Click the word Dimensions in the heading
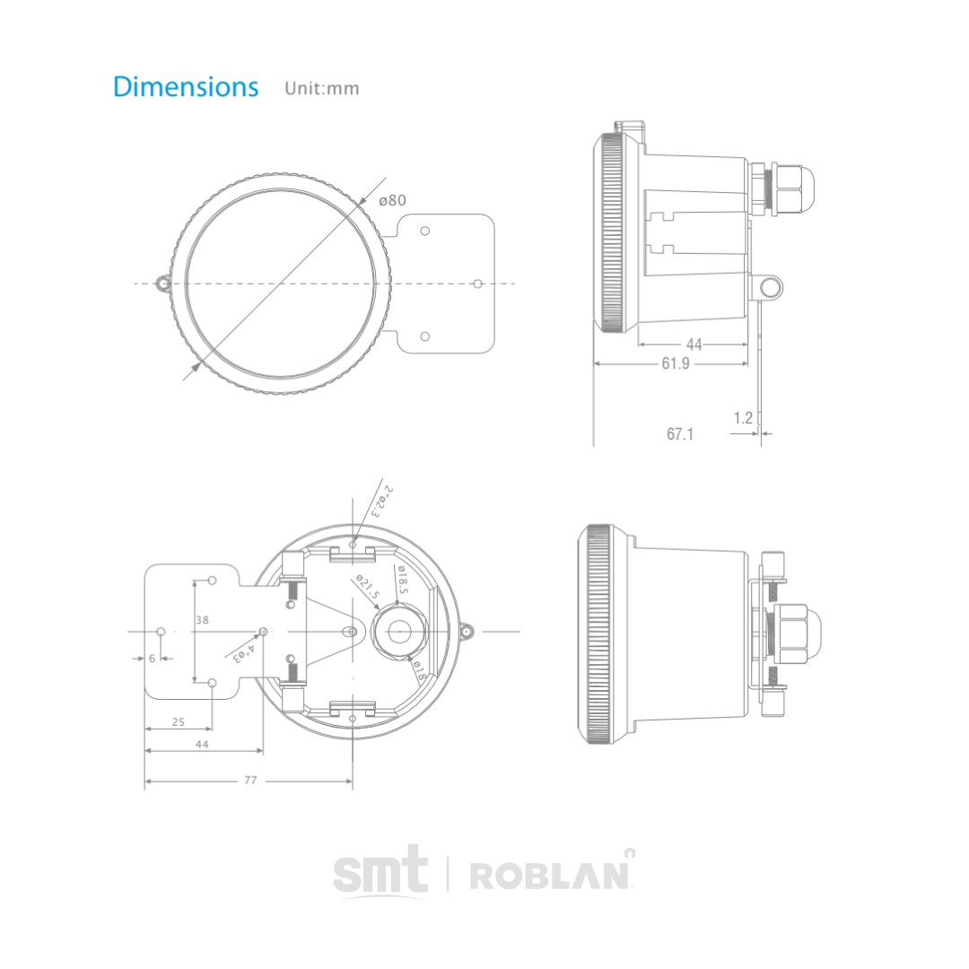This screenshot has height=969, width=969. coord(186,87)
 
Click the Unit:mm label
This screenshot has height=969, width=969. coord(321,89)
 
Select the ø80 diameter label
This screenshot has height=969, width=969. coord(392,200)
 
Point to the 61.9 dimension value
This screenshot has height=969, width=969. coord(676,363)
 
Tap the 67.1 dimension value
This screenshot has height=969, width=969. coord(680,434)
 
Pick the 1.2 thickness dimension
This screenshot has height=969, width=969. coord(743,417)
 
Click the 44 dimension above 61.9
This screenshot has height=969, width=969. coord(694,345)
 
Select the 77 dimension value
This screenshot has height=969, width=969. coord(250,781)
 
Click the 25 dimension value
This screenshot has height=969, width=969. coord(178,721)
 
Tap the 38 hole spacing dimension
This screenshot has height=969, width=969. coord(204,619)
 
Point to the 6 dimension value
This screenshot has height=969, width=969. coord(152,658)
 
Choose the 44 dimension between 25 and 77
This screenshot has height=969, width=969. coord(202,745)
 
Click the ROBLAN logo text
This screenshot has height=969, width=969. coord(552,874)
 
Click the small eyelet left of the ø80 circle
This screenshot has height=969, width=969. coord(163,284)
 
